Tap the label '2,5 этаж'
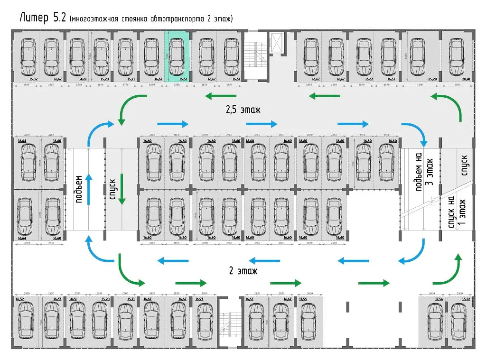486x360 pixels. coord(243,110)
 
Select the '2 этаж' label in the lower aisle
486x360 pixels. coord(243,271)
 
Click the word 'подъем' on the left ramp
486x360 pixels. coord(79,189)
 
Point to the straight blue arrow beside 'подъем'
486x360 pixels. coord(88,189)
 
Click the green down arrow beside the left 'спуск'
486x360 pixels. coord(122,189)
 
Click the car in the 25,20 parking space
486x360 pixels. coord(418,56)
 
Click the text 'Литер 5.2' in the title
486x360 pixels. coord(42,18)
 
